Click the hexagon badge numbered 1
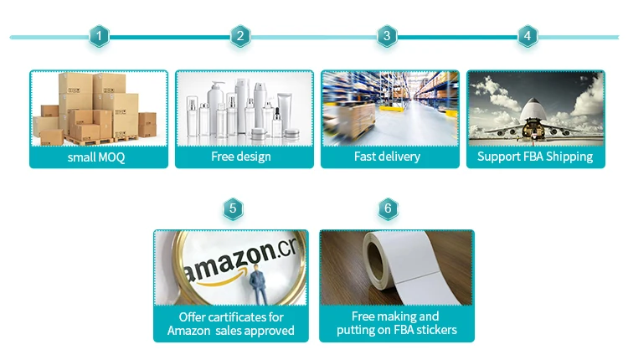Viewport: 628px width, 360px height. [100, 36]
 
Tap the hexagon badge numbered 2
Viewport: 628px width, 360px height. [240, 36]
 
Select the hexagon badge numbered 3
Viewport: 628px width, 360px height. [386, 36]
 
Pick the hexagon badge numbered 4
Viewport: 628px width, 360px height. [527, 36]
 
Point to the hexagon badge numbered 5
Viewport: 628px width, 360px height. [233, 208]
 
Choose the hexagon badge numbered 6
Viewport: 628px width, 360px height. [386, 208]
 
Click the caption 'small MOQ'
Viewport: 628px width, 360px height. [96, 157]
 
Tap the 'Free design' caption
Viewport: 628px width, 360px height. [241, 157]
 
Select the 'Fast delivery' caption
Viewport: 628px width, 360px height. [388, 157]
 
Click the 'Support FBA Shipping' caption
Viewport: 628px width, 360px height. [535, 157]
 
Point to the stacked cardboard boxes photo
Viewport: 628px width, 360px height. [98, 108]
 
